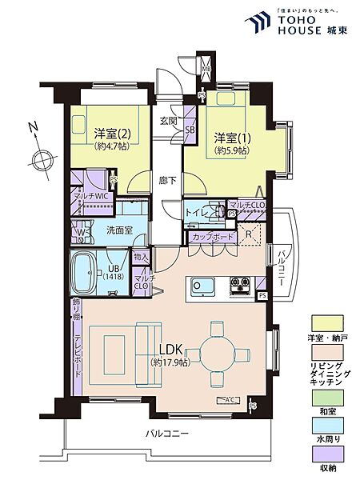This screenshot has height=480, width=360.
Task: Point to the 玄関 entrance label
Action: click(168, 121)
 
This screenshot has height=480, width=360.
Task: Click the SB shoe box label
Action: click(190, 129)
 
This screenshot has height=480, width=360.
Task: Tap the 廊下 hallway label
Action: click(167, 180)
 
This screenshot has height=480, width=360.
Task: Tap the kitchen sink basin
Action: click(201, 285)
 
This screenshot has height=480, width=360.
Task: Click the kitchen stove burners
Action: click(241, 284)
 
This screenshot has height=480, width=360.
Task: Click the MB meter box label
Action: click(206, 69)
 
